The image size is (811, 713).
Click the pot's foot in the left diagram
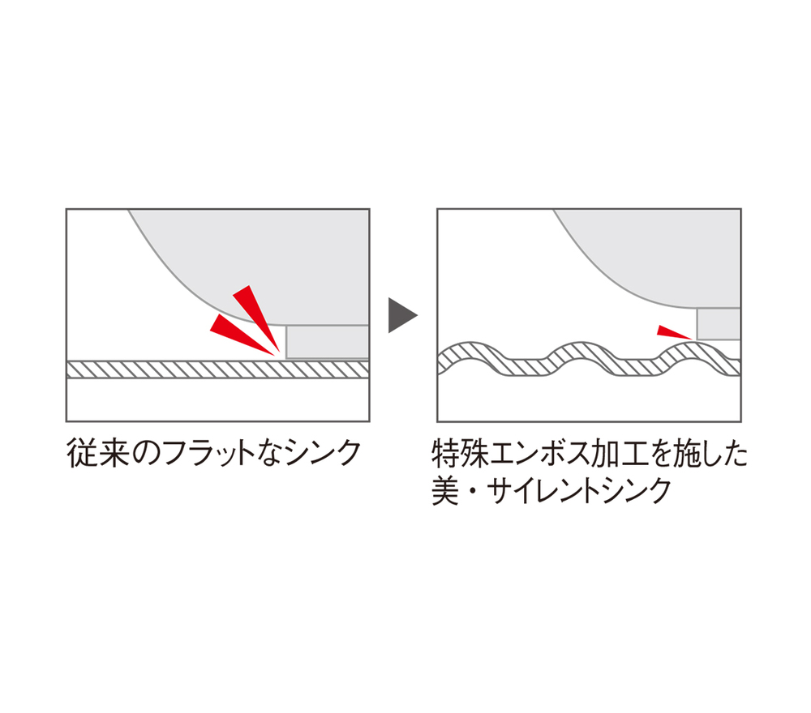327,342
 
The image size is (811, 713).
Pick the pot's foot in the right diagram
719,324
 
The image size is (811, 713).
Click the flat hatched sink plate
217,369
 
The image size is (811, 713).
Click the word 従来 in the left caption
98,453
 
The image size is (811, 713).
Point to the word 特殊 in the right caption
461,453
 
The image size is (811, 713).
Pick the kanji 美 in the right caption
446,490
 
